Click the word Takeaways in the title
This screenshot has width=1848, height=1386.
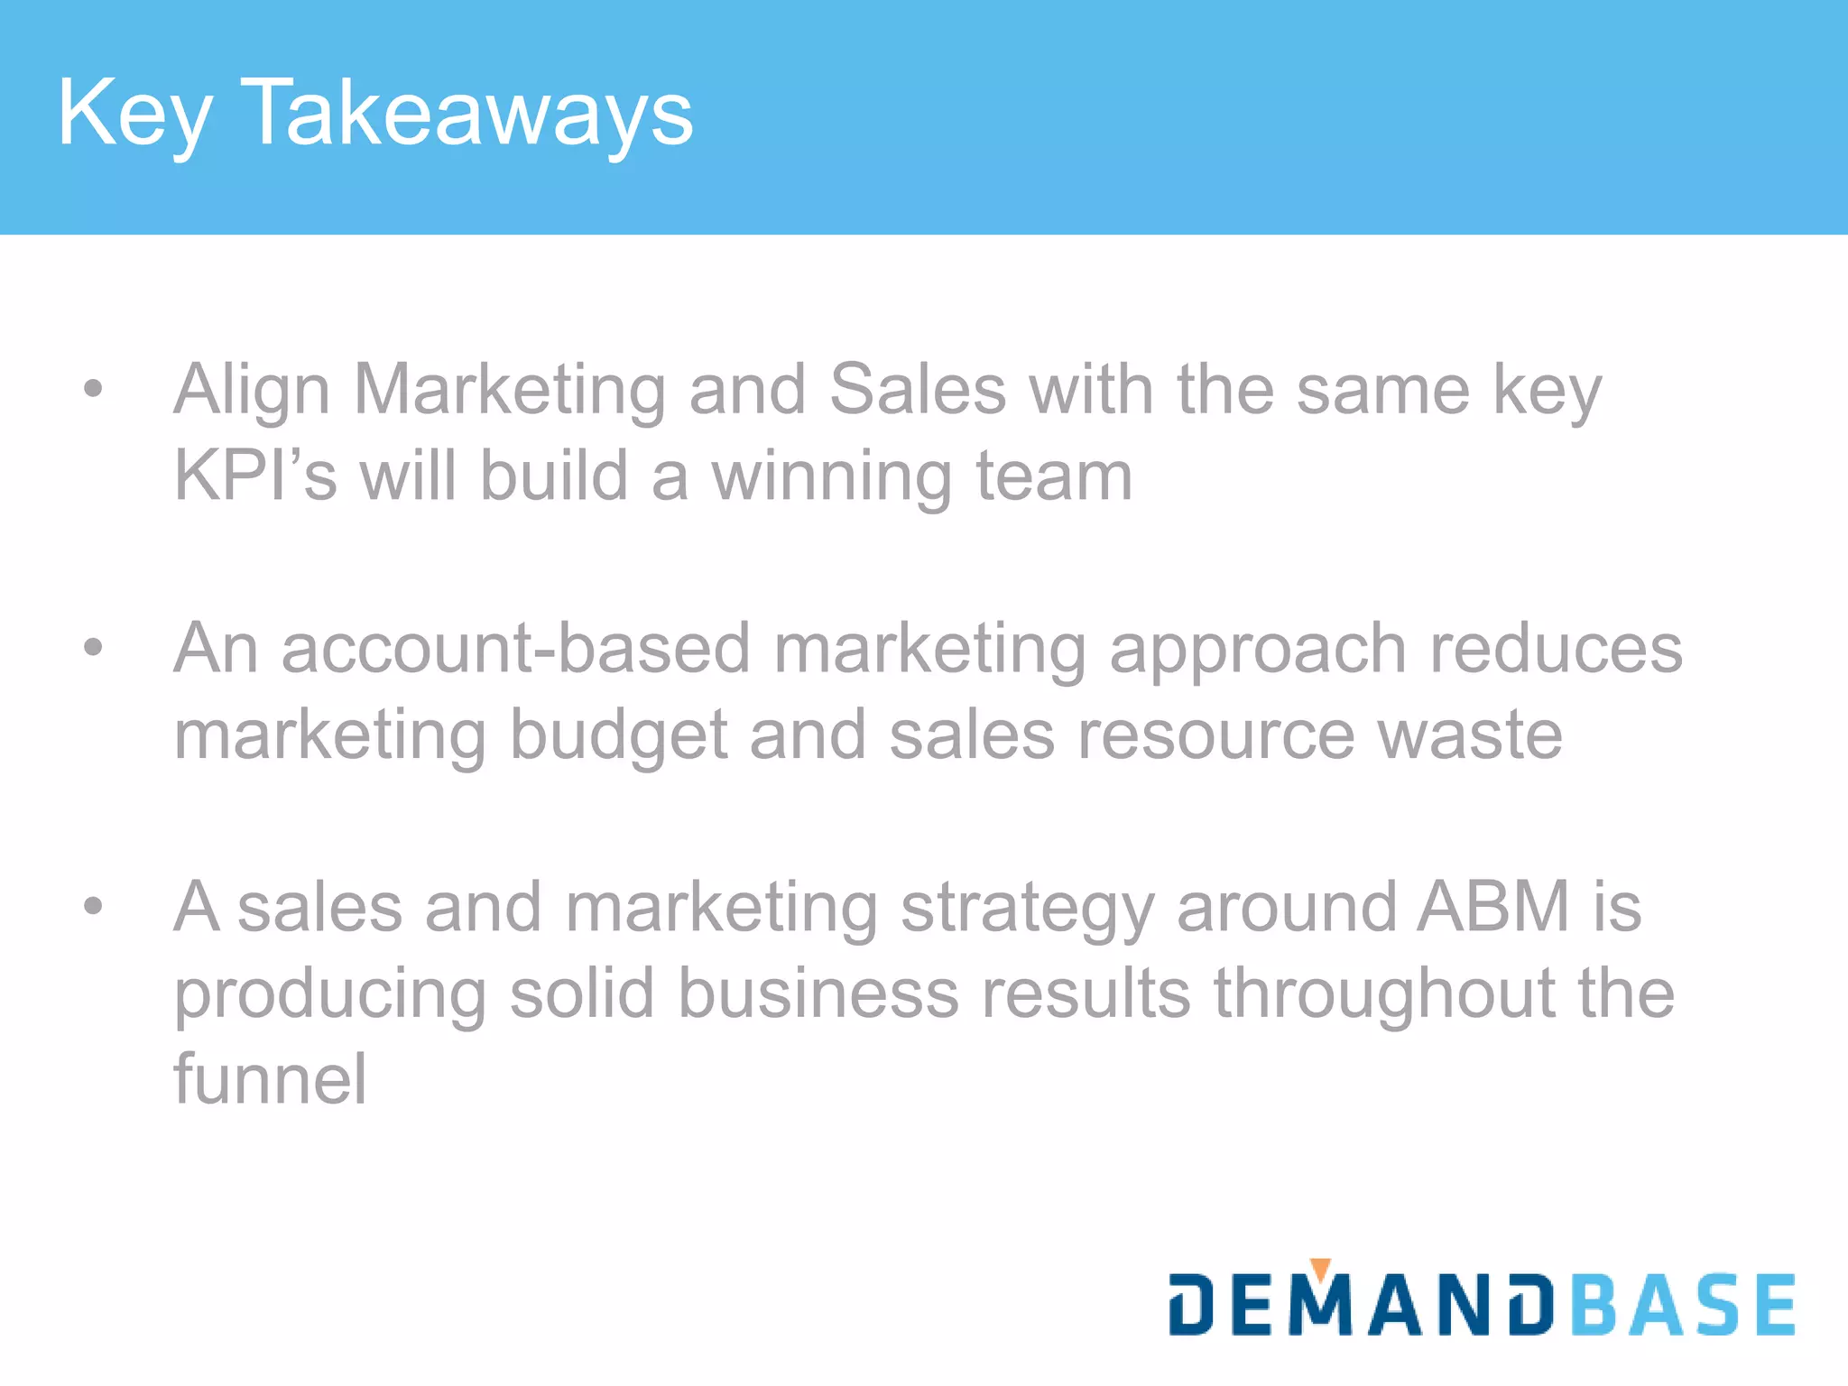(x=467, y=113)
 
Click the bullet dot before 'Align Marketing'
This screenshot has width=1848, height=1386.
(x=93, y=389)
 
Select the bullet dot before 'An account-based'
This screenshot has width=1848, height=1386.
(x=93, y=647)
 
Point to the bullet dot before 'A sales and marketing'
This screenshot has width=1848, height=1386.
(x=93, y=905)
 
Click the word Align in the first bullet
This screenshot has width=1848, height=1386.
(x=252, y=391)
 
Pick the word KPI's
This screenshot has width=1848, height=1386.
(x=255, y=476)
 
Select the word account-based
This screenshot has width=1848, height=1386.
(x=515, y=648)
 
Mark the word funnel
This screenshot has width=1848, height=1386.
(x=270, y=1078)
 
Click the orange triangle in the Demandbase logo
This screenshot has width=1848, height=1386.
(x=1320, y=1269)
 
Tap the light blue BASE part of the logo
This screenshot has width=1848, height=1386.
(x=1683, y=1305)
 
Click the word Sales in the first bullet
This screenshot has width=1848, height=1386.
(x=917, y=389)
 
